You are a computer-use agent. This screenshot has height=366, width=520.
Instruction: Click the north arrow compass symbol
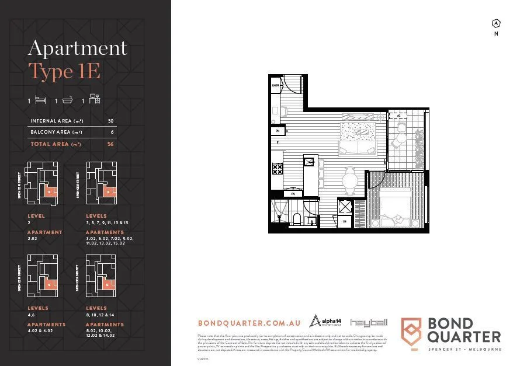[496, 24]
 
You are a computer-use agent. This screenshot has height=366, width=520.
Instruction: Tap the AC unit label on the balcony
[400, 116]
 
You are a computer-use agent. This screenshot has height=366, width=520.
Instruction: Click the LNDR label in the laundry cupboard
[275, 85]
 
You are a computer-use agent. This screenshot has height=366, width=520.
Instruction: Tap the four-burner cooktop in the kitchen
[278, 170]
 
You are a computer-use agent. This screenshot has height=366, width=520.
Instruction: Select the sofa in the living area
[359, 149]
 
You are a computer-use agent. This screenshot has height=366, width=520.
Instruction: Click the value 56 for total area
[110, 144]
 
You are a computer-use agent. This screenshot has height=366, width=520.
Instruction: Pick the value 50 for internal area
[110, 121]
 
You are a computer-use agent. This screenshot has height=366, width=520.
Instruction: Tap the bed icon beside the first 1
[40, 100]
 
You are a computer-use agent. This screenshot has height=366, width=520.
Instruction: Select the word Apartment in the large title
[78, 48]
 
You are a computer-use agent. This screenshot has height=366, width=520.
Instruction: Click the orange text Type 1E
[64, 72]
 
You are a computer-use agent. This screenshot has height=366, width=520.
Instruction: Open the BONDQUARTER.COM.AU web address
[249, 323]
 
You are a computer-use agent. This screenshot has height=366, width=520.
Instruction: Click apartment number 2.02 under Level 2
[32, 239]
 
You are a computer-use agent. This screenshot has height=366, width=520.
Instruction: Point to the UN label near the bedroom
[345, 222]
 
